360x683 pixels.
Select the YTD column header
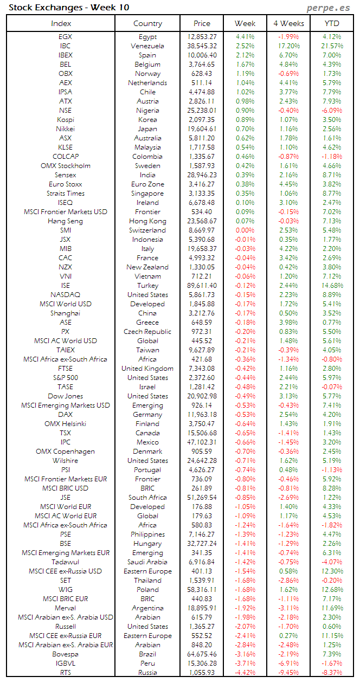[x=332, y=23]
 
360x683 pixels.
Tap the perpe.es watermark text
[x=329, y=7]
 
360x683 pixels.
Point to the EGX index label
[x=65, y=37]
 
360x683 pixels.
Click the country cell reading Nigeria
[x=147, y=111]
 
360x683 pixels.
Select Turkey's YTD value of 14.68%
[x=332, y=286]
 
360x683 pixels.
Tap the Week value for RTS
[x=245, y=673]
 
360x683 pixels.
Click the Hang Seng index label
[x=65, y=221]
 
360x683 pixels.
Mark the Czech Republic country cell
[x=147, y=332]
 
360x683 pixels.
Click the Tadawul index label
[x=65, y=562]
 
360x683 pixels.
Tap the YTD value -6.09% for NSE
[x=332, y=111]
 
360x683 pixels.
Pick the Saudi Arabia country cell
[x=147, y=562]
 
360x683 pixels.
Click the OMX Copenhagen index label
[x=65, y=452]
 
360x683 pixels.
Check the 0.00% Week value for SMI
[x=245, y=230]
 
